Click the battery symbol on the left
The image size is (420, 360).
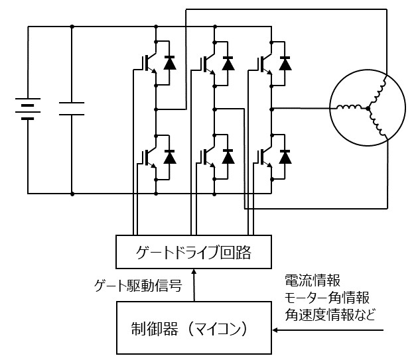click(27, 109)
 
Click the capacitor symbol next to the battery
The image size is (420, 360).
click(72, 109)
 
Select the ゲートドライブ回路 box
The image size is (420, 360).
click(194, 252)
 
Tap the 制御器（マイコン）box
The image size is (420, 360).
click(194, 328)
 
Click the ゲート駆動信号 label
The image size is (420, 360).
click(139, 286)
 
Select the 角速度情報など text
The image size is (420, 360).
click(330, 314)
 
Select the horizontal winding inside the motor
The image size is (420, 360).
click(348, 107)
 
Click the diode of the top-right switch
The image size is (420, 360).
click(285, 63)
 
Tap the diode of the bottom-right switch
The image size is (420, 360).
click(285, 156)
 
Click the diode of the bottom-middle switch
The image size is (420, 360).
click(228, 156)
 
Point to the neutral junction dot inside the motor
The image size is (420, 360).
click(366, 108)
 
